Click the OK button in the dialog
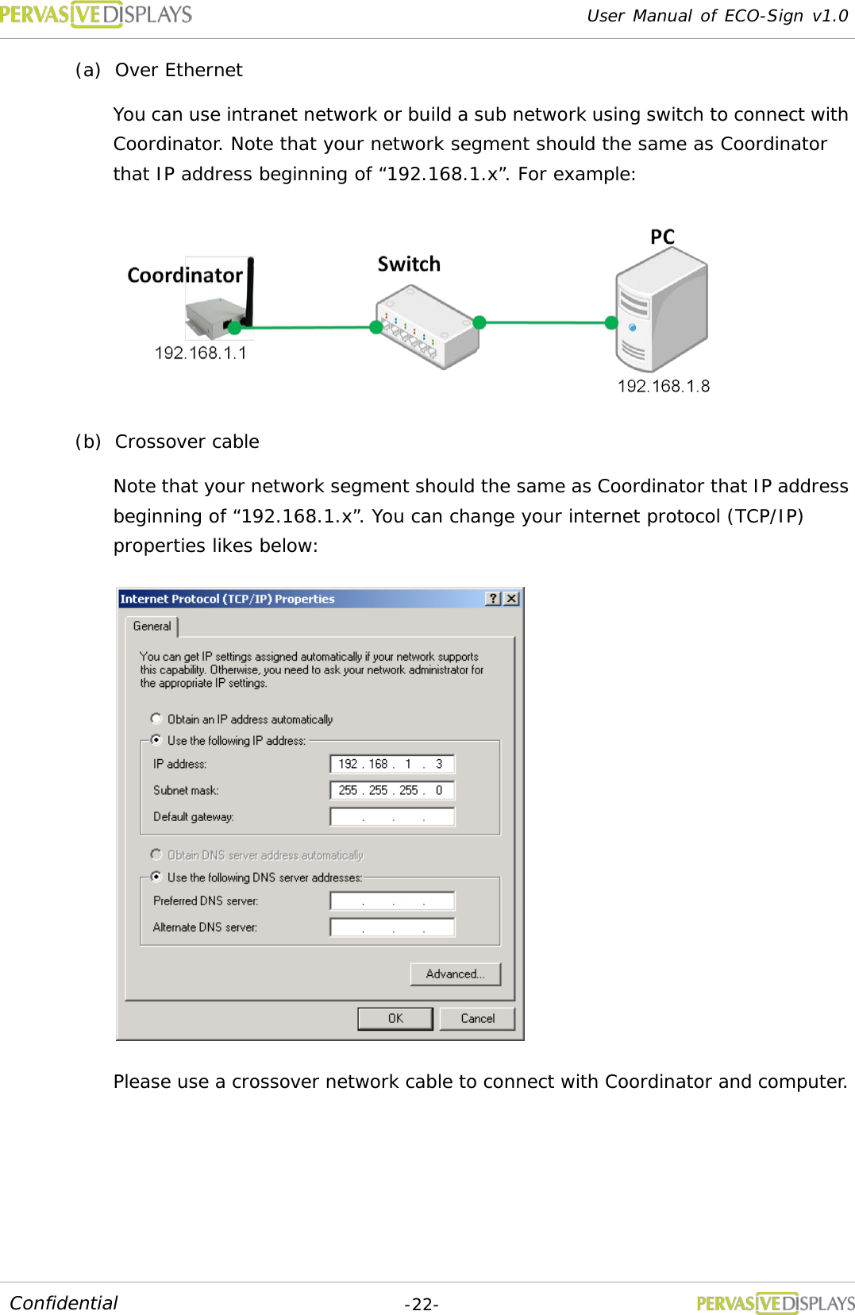(x=395, y=1018)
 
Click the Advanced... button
(x=455, y=974)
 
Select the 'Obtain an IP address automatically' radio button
(x=156, y=719)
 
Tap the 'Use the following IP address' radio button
(x=156, y=740)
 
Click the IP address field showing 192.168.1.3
(x=392, y=764)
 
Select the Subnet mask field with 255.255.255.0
(x=392, y=790)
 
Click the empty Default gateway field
(x=392, y=816)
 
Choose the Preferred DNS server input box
(x=392, y=900)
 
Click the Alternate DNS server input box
(x=392, y=927)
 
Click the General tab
(x=152, y=627)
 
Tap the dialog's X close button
(x=512, y=599)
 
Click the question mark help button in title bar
(x=494, y=599)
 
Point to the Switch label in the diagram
(x=409, y=264)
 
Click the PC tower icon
(x=661, y=310)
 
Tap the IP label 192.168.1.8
(x=664, y=386)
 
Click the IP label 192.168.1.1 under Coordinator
(x=201, y=353)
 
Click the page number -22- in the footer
(x=422, y=1304)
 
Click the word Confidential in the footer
(x=64, y=1303)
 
